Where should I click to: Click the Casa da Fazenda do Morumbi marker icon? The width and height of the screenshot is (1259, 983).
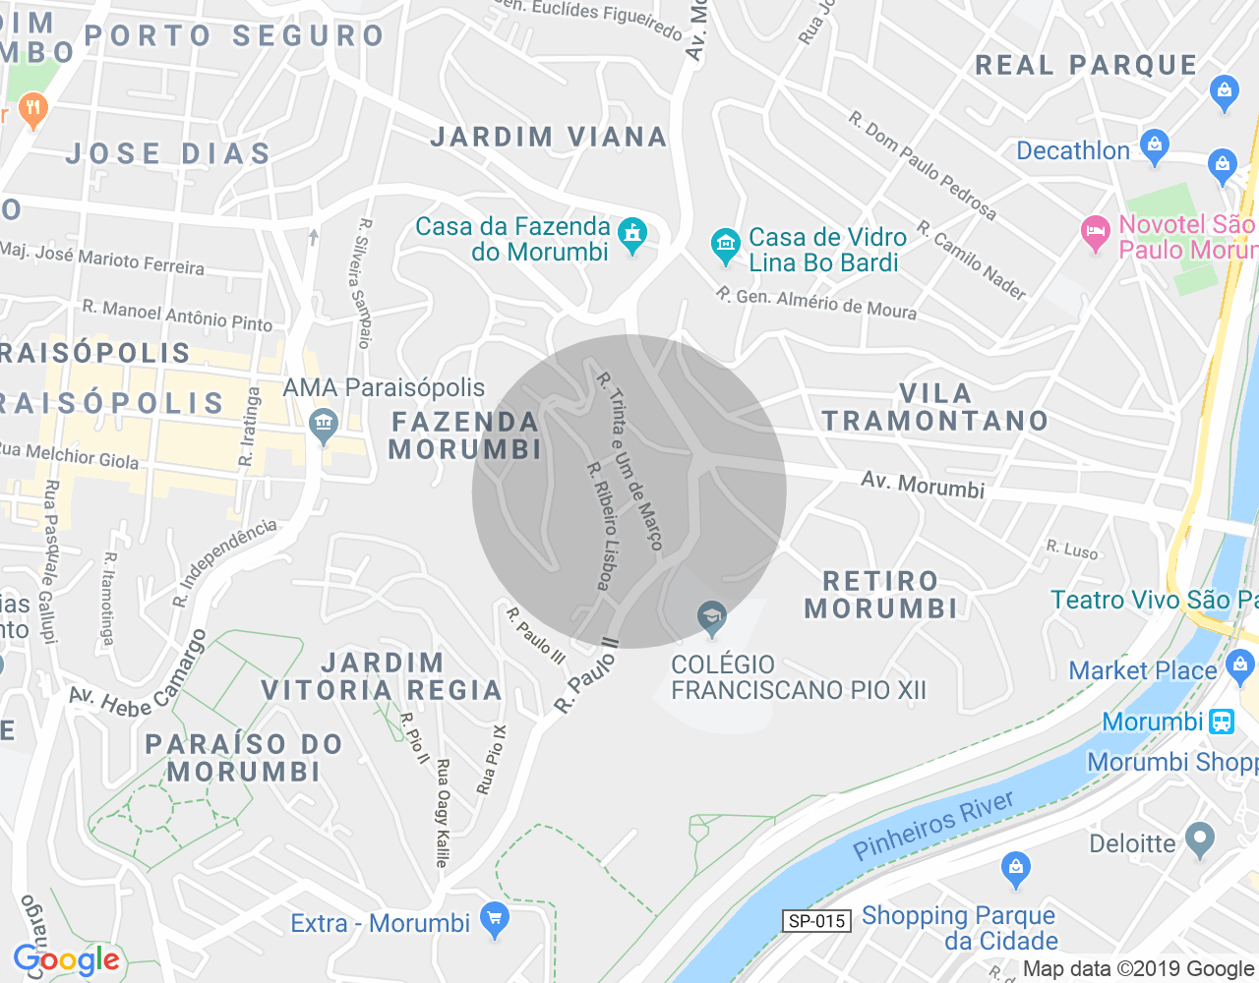(x=632, y=234)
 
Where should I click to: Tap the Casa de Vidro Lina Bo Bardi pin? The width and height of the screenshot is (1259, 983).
(x=725, y=245)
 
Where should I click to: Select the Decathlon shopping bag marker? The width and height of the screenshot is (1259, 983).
(x=1155, y=146)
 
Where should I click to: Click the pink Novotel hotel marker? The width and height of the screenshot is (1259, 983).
(x=1095, y=233)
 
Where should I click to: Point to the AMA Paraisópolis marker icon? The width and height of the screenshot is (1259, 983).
(x=323, y=426)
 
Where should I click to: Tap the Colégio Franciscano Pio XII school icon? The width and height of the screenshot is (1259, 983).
(x=711, y=618)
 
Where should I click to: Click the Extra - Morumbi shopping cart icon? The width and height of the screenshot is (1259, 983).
(x=495, y=919)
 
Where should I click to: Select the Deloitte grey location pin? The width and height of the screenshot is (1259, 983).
(x=1199, y=840)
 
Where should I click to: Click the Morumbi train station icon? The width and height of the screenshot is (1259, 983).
(x=1222, y=722)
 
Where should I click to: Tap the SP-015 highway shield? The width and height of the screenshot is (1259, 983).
(x=817, y=921)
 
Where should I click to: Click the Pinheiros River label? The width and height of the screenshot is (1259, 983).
(x=932, y=825)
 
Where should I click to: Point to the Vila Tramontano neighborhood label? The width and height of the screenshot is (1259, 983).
(x=935, y=407)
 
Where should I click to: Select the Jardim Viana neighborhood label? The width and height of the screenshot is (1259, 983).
(x=549, y=137)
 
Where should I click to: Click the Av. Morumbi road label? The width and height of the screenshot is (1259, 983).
(x=923, y=484)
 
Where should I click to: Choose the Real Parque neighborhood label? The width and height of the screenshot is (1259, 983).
(x=1086, y=65)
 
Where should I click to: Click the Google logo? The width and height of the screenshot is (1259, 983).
(x=67, y=960)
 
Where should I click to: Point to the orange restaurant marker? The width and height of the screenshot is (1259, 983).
(x=33, y=110)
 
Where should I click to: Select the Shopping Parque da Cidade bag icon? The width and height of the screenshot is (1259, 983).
(x=1015, y=868)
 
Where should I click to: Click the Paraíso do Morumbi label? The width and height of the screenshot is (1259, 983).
(x=244, y=758)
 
